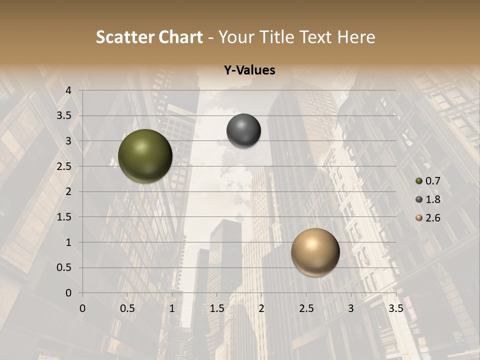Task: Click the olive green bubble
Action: click(145, 156)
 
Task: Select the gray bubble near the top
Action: click(243, 131)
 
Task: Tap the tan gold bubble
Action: click(315, 252)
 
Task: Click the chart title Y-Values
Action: click(249, 70)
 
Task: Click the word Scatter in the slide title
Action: click(124, 37)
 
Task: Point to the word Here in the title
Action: click(356, 37)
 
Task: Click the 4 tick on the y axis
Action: click(68, 90)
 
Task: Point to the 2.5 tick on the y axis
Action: click(64, 166)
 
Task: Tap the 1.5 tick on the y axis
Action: click(64, 217)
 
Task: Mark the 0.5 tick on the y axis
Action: click(64, 267)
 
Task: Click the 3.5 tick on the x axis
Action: click(395, 308)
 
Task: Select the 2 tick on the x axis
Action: click(261, 308)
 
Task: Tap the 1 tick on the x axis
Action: click(172, 308)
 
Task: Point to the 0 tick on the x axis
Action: click(82, 308)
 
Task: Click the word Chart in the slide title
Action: click(180, 37)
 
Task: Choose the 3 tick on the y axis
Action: click(68, 141)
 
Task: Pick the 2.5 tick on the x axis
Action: click(306, 308)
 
